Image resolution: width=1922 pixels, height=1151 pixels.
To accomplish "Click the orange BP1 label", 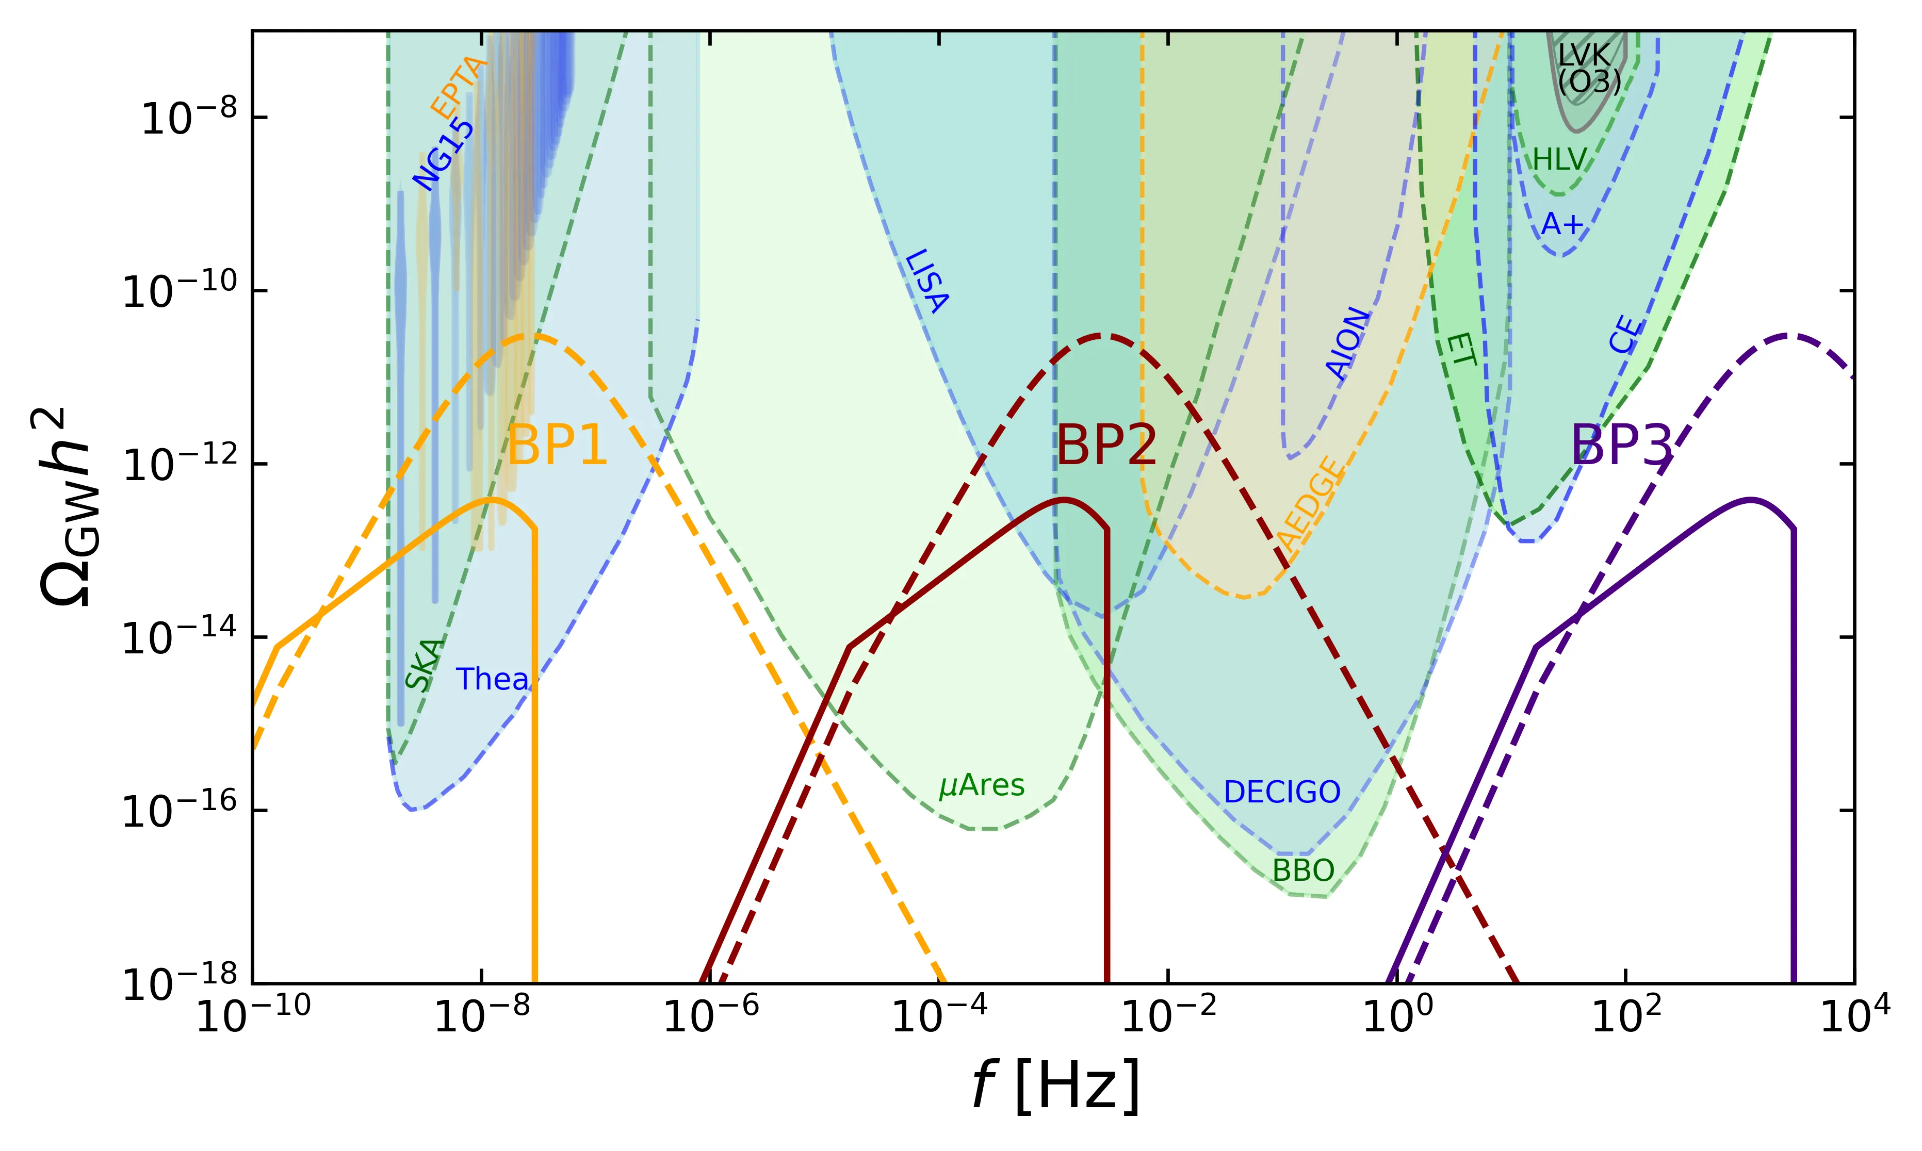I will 557,446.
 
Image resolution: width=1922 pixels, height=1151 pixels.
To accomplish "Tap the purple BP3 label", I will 1621,446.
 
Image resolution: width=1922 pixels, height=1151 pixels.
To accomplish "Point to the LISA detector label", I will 927,281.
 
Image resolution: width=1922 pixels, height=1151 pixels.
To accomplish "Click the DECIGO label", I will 1281,793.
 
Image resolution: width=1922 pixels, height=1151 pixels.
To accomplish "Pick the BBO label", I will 1303,871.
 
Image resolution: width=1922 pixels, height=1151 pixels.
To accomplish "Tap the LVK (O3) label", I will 1588,68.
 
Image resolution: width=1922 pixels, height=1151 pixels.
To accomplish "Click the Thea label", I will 492,680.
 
